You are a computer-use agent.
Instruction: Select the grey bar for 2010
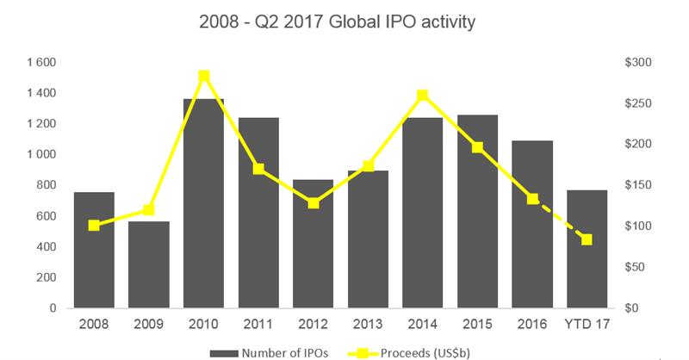point(203,207)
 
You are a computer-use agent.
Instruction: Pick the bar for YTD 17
point(587,258)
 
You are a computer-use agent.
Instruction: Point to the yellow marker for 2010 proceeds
point(204,76)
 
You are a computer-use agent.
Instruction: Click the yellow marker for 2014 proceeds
point(422,95)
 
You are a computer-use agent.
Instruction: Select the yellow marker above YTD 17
point(587,239)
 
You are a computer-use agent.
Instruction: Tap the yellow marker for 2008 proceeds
point(94,226)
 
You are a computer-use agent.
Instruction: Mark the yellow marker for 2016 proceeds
point(532,199)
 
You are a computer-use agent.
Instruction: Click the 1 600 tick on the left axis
point(40,63)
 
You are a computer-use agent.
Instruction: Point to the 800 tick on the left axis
point(44,185)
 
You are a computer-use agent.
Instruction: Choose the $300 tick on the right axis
point(638,63)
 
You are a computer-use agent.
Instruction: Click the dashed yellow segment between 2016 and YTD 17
point(560,220)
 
